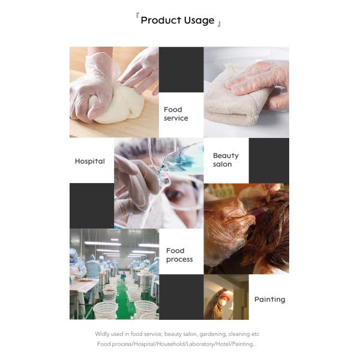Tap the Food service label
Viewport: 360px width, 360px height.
click(176, 114)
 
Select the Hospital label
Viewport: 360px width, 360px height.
click(90, 161)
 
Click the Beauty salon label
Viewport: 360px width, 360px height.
click(226, 160)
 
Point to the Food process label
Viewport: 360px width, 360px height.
click(179, 255)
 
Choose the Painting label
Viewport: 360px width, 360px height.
click(269, 299)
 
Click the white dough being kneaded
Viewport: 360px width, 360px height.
click(120, 108)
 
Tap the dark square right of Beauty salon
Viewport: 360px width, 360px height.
click(269, 160)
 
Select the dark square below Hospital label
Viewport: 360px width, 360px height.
click(91, 206)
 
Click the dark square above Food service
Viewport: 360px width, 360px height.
click(181, 69)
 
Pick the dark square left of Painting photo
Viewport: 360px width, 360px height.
click(181, 297)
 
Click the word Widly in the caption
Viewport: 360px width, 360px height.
click(102, 334)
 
